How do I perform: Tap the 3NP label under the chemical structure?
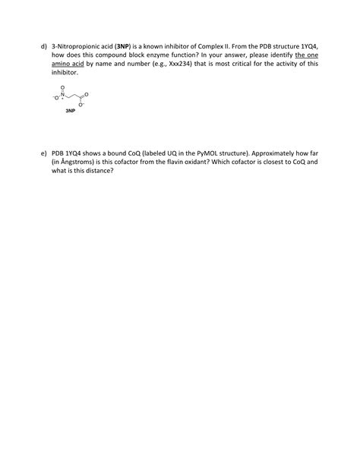[70, 111]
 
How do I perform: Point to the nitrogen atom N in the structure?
[64, 93]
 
